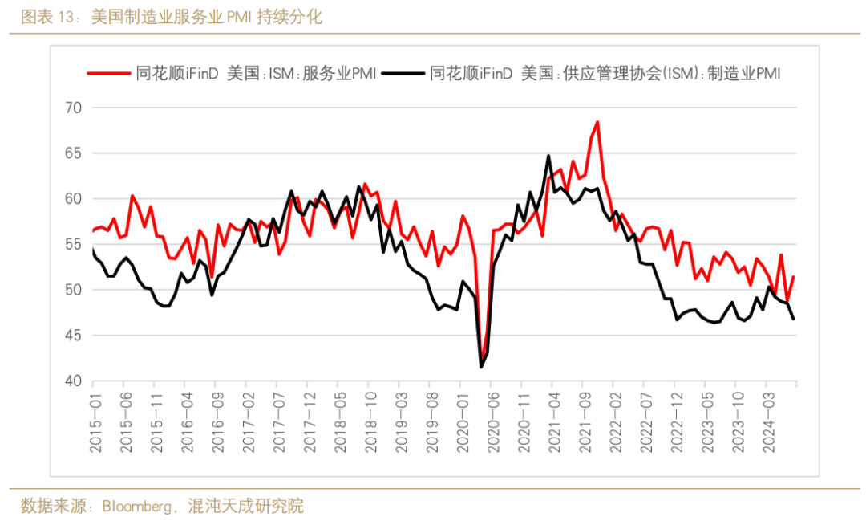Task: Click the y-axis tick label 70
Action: [73, 108]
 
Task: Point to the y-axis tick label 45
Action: [73, 336]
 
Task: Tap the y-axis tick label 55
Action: [73, 245]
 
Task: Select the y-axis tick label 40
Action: [73, 381]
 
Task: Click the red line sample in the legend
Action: [108, 74]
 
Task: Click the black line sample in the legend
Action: [403, 74]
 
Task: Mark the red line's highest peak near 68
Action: [597, 122]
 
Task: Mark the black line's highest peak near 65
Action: [548, 156]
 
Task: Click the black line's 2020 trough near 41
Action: [481, 367]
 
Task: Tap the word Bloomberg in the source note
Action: [137, 506]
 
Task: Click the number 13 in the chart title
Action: [65, 17]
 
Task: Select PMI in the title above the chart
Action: [239, 17]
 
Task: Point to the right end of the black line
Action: [794, 319]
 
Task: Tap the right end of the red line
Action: [794, 276]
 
